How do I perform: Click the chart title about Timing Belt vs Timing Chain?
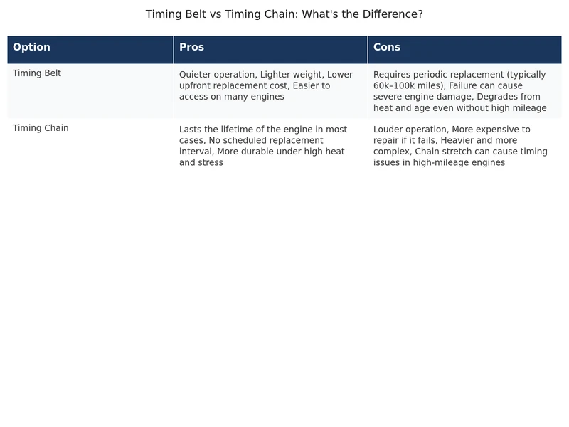coord(284,14)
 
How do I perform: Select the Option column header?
coord(31,48)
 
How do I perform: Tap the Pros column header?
coord(191,48)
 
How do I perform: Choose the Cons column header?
coord(386,48)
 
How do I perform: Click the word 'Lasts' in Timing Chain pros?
coord(191,130)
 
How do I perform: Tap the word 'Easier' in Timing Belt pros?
coord(313,85)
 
